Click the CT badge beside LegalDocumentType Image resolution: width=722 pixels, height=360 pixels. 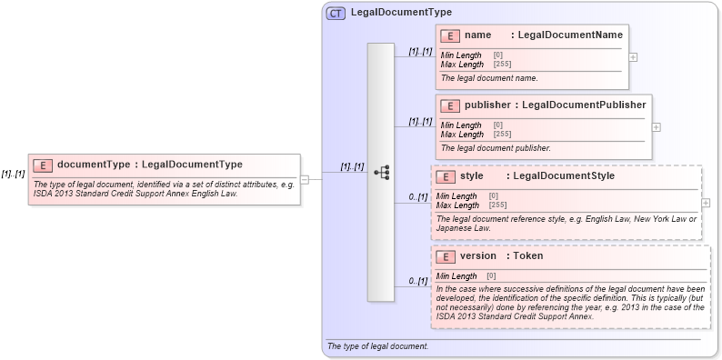point(336,14)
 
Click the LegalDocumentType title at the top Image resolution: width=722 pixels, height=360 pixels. point(401,13)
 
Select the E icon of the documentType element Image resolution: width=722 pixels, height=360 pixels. point(42,165)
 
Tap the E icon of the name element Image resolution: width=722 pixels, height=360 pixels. point(449,35)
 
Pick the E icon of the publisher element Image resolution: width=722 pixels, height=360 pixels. point(450,105)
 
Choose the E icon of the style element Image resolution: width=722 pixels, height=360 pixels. point(446,176)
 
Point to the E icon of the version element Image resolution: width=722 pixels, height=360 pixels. point(446,256)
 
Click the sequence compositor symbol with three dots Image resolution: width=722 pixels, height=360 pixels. point(381,172)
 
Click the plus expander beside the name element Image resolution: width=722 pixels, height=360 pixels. point(633,56)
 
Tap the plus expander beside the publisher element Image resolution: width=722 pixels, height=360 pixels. point(657,127)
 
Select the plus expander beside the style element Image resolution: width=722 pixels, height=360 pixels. point(706,203)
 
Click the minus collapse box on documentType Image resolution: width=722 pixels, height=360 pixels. point(305,179)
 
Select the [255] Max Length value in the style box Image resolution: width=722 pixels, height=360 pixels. point(498,205)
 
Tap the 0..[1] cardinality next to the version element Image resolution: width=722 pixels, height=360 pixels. point(417,281)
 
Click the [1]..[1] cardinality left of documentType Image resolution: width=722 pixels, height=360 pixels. point(13,174)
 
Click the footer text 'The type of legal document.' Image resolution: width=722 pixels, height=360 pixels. point(377,346)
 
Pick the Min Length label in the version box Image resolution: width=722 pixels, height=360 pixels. point(456,276)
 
